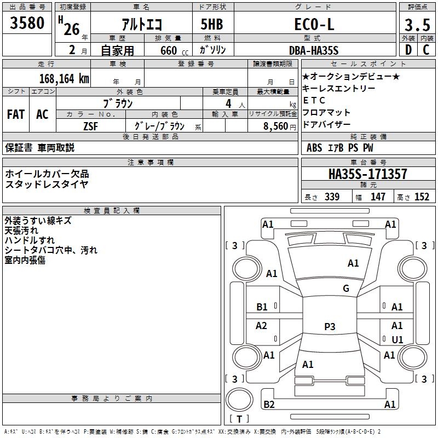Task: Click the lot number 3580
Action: click(27, 24)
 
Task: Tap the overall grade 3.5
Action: click(416, 25)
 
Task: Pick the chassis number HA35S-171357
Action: click(367, 174)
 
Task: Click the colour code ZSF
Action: click(90, 126)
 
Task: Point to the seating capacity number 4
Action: click(228, 103)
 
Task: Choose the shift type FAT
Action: click(15, 114)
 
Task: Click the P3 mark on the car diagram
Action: click(329, 327)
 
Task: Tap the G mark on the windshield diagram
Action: click(345, 289)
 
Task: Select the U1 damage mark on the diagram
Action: click(397, 339)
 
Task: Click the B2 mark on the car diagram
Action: click(269, 404)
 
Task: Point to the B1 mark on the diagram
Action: click(262, 307)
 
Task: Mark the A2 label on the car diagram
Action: click(262, 326)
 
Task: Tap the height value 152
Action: click(422, 197)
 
